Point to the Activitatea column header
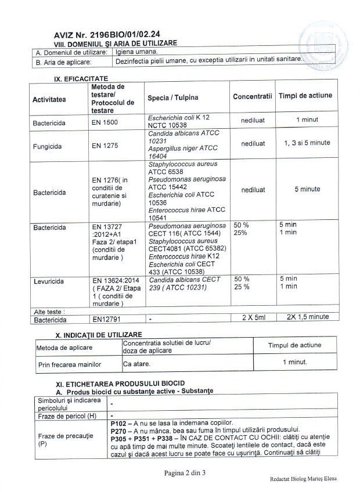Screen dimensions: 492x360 click(49, 99)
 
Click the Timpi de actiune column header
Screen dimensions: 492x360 click(305, 96)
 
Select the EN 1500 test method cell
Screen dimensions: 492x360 click(103, 123)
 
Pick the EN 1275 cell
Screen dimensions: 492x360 click(103, 146)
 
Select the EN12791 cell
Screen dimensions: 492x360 click(107, 319)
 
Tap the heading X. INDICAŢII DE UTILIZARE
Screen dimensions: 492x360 click(98, 335)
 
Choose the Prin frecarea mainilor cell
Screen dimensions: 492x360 click(70, 364)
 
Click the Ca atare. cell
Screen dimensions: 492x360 click(136, 364)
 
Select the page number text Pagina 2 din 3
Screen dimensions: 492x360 click(185, 473)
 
